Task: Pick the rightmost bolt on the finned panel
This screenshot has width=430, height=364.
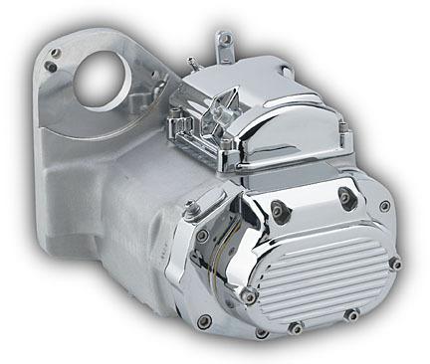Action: pyautogui.click(x=395, y=263)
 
